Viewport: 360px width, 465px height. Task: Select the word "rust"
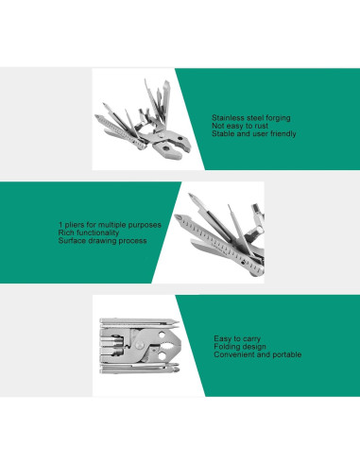coord(262,126)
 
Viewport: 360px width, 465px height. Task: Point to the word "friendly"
coord(283,134)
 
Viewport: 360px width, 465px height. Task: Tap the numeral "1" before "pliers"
coord(60,225)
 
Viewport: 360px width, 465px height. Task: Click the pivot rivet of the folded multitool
coord(140,346)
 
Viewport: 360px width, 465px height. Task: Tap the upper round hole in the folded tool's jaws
coord(162,335)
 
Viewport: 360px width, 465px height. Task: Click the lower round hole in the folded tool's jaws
coord(162,356)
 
